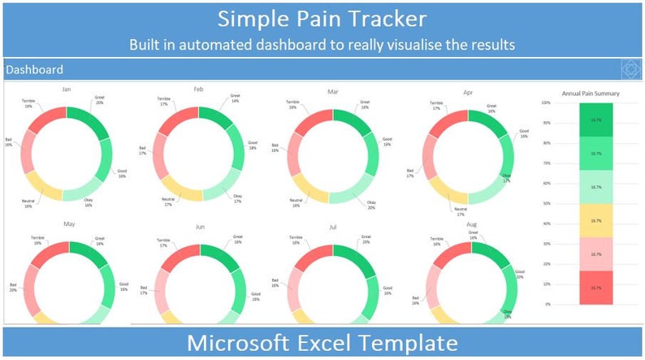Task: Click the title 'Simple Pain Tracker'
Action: [322, 18]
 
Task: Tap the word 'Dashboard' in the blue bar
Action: [34, 70]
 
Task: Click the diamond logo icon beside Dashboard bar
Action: [630, 70]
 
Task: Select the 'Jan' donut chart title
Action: [67, 89]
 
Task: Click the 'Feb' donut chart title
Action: [198, 89]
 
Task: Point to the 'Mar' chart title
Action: [332, 92]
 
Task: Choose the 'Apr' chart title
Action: [467, 93]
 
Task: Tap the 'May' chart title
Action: [69, 223]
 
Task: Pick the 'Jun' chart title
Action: [200, 228]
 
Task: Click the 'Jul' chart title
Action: [332, 228]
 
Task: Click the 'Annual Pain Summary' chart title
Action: [591, 94]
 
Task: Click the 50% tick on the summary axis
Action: [546, 204]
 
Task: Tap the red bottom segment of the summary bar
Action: [595, 288]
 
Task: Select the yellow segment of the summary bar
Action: [595, 220]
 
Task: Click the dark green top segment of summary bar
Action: [595, 119]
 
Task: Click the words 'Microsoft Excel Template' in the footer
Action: [322, 342]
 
